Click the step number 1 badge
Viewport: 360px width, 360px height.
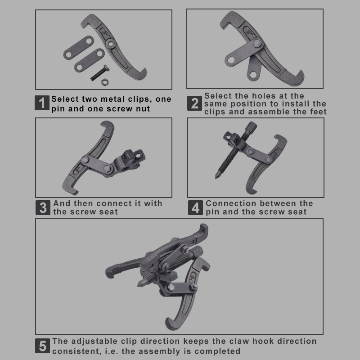42,103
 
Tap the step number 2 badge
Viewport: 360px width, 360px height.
194,103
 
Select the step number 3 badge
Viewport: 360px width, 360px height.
43,208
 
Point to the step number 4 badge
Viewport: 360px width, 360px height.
195,208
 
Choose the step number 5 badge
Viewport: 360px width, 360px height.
42,346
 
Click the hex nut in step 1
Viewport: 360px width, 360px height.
105,82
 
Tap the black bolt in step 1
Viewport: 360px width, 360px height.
100,72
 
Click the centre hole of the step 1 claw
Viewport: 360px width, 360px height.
111,43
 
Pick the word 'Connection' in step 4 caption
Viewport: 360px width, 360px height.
231,203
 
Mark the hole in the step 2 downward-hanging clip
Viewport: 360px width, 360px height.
253,75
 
